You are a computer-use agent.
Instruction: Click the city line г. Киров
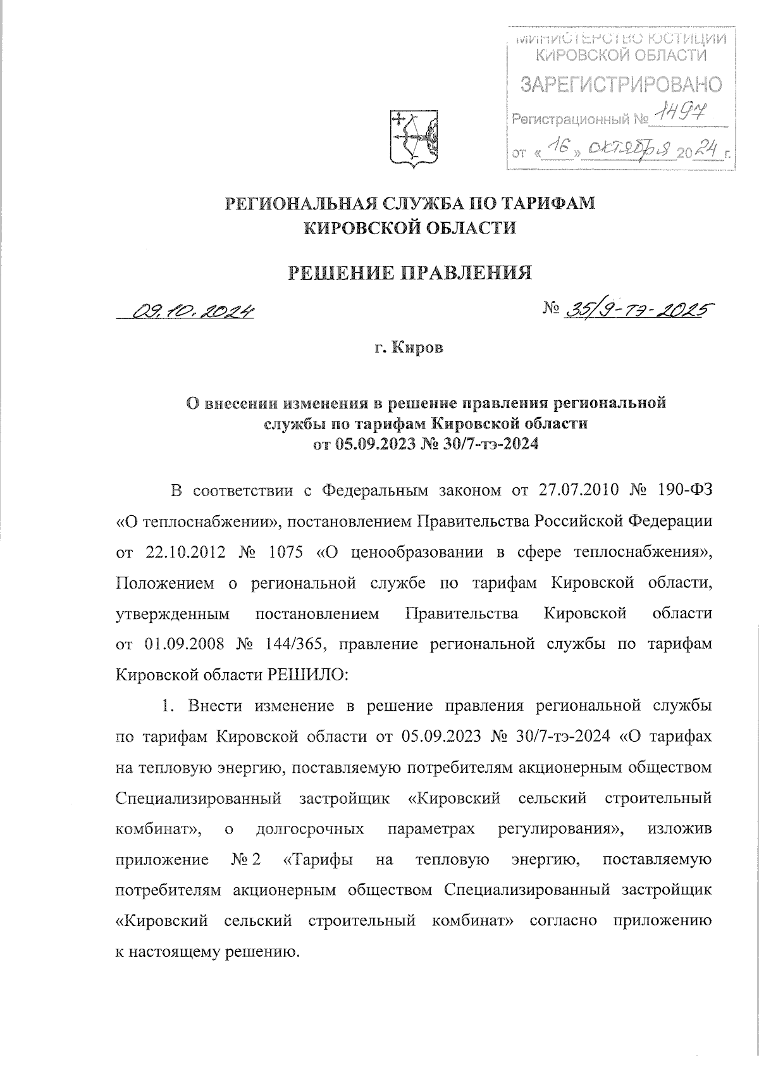point(409,348)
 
